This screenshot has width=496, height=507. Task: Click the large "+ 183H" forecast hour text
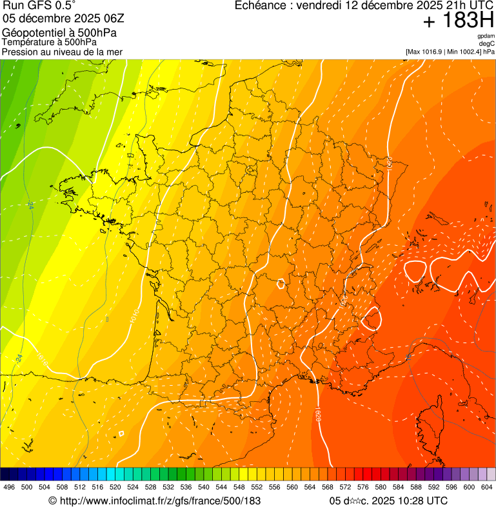tap(457, 22)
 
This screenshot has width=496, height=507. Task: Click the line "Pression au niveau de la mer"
tap(62, 52)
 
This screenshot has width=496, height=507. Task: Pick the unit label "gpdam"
tap(486, 36)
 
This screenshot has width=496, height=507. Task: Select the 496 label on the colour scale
tap(9, 487)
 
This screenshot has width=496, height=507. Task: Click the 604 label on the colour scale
tap(486, 487)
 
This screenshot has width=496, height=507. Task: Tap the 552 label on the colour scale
tap(257, 487)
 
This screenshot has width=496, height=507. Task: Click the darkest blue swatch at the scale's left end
tap(5, 473)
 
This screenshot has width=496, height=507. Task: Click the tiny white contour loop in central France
tap(281, 283)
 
